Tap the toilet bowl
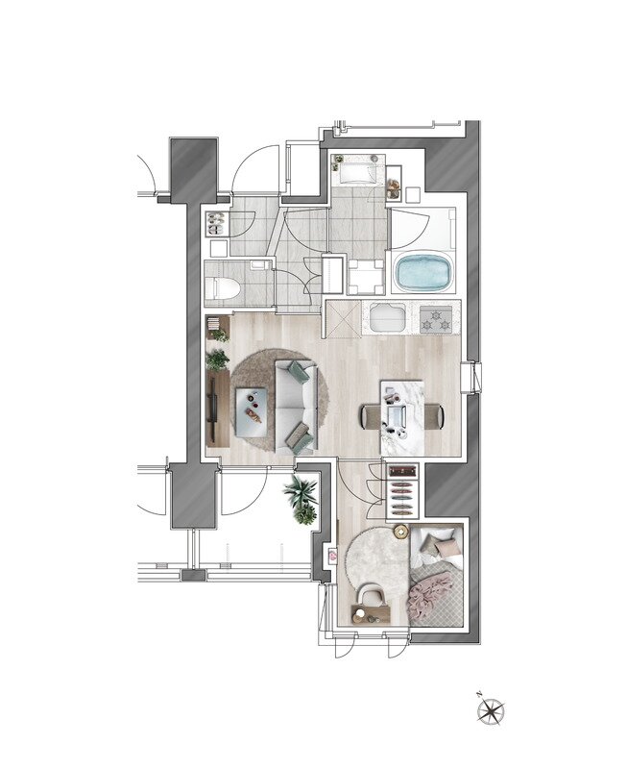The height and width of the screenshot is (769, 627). [223, 287]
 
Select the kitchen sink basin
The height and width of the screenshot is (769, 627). [388, 317]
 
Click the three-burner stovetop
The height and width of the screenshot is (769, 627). [436, 318]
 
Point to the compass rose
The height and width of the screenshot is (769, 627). [491, 710]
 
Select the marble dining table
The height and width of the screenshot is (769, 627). [402, 417]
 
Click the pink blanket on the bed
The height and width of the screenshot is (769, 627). [427, 596]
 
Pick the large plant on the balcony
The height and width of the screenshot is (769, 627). [301, 492]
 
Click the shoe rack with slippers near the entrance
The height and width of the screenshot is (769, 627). [215, 224]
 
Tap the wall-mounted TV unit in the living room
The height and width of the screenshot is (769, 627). [215, 409]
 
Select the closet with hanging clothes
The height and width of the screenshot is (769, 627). [403, 489]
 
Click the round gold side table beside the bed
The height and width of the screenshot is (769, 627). [401, 532]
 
